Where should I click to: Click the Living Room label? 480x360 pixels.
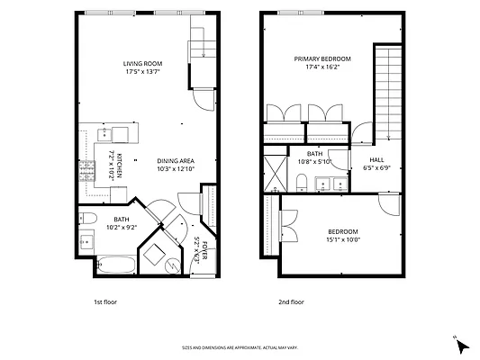pos(142,64)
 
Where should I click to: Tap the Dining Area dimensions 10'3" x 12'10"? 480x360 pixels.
pos(176,169)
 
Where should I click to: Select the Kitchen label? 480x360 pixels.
pos(120,166)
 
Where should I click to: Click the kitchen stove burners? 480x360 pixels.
pos(87,171)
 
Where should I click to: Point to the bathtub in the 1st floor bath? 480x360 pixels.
pos(116,265)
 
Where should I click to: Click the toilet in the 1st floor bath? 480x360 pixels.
pos(88,218)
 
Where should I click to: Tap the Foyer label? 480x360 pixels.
pos(204,250)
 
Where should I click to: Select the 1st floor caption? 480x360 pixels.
pos(105,302)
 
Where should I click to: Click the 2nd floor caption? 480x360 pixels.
pos(291,302)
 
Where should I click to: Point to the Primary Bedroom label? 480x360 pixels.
pos(322,58)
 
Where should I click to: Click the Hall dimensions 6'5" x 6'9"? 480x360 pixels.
pos(376,167)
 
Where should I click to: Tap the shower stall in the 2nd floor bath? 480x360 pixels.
pos(276,174)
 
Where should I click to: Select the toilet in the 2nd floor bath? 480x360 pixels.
pos(302,182)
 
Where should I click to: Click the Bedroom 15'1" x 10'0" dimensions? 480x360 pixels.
pos(343,239)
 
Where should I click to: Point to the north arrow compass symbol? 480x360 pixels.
pos(461,346)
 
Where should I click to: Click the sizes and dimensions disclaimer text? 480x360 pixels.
pos(240,347)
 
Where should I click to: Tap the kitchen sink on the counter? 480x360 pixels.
pos(104,134)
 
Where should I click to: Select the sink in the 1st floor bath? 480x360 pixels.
pos(86,241)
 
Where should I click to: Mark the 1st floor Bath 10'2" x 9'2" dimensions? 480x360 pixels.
pos(122,228)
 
